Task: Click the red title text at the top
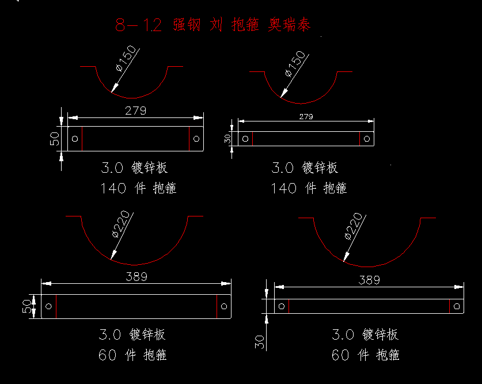212,25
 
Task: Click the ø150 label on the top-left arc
127,58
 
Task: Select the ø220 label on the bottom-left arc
122,226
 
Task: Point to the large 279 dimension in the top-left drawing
136,110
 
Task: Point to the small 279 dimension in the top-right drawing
306,116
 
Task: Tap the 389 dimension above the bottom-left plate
136,276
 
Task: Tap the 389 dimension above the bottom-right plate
369,280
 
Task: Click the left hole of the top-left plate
75,138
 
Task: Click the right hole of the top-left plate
196,138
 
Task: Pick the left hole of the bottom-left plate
48,306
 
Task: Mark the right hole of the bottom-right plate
457,306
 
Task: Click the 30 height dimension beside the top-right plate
228,139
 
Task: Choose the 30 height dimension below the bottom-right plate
260,341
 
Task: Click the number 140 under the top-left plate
112,188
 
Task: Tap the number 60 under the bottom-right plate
341,355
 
